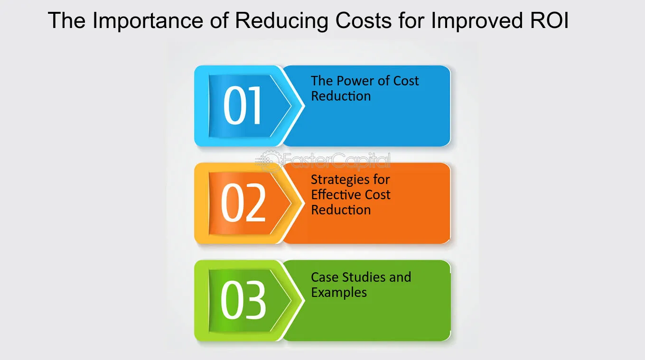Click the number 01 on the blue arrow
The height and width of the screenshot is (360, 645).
(243, 105)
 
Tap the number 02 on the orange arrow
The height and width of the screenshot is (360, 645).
(243, 203)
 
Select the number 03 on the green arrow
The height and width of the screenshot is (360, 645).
(243, 300)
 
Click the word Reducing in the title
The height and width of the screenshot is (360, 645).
(282, 21)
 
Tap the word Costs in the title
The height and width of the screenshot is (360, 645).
(364, 21)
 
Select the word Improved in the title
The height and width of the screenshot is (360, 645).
(477, 21)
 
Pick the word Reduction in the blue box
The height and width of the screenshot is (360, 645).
(341, 96)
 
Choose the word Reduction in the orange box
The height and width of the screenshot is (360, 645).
(341, 210)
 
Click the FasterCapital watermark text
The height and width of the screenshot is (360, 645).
(336, 161)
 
